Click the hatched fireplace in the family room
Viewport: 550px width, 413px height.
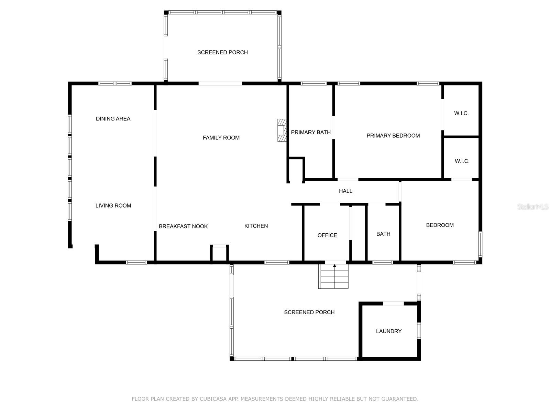pyautogui.click(x=282, y=130)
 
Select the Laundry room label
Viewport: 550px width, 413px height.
pyautogui.click(x=389, y=331)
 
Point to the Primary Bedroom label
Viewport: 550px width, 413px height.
pyautogui.click(x=393, y=136)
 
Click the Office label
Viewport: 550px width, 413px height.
pyautogui.click(x=327, y=235)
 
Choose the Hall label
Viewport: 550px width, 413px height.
pyautogui.click(x=345, y=191)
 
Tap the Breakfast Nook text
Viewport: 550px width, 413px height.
pyautogui.click(x=183, y=226)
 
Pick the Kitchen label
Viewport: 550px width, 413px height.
pyautogui.click(x=256, y=226)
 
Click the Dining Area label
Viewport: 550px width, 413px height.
pyautogui.click(x=113, y=119)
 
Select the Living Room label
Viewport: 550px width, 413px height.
pyautogui.click(x=113, y=205)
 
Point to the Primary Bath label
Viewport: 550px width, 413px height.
pyautogui.click(x=311, y=132)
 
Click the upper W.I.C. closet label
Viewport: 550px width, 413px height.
pyautogui.click(x=461, y=113)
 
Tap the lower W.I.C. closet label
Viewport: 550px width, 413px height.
pyautogui.click(x=462, y=161)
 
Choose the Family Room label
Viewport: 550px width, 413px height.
pyautogui.click(x=221, y=138)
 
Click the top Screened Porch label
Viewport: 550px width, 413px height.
pyautogui.click(x=222, y=52)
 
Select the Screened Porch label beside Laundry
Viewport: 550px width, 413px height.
pyautogui.click(x=309, y=312)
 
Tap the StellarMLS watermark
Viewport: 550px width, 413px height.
pyautogui.click(x=533, y=206)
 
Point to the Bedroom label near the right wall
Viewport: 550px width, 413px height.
pyautogui.click(x=440, y=225)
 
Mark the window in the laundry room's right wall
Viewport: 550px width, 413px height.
pyautogui.click(x=419, y=331)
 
